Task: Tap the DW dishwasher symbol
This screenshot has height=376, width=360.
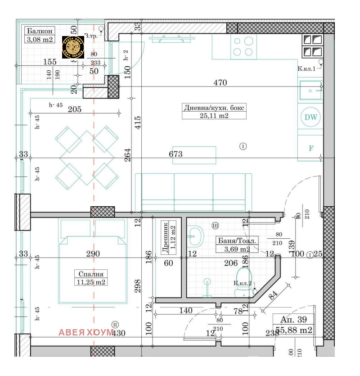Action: click(310, 118)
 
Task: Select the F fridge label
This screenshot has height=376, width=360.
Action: click(310, 148)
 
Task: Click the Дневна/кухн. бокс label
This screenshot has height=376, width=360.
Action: click(215, 108)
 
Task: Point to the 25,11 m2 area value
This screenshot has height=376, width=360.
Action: click(215, 116)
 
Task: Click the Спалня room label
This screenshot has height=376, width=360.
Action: click(91, 274)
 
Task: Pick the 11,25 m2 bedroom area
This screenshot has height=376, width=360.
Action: click(91, 282)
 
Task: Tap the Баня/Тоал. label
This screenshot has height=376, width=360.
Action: click(237, 240)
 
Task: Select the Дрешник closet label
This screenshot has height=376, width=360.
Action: click(166, 238)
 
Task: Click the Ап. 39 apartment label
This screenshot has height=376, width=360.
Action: click(293, 320)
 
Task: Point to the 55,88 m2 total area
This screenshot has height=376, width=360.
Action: click(293, 330)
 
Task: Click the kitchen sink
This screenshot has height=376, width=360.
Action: click(310, 91)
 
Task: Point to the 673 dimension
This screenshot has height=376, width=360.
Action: click(175, 154)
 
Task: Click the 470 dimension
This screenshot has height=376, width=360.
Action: click(220, 83)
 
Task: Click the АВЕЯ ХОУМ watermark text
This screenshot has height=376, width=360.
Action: click(86, 333)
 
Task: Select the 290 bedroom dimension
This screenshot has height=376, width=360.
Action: click(93, 254)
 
